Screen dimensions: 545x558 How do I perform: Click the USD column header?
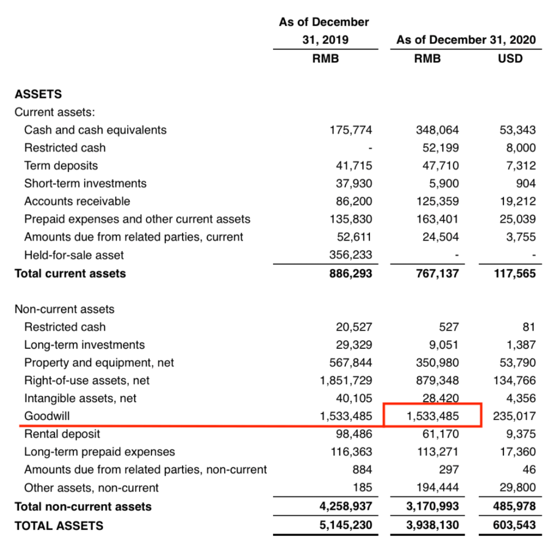click(x=510, y=59)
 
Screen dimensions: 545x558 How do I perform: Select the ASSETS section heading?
click(x=38, y=94)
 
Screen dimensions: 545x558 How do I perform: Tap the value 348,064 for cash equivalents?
click(x=437, y=130)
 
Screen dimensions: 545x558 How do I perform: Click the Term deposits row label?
click(x=61, y=166)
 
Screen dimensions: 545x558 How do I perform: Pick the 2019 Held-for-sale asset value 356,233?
click(x=350, y=255)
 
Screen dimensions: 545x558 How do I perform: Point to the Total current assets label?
click(x=70, y=273)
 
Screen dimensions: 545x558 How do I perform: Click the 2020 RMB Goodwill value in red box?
click(x=432, y=416)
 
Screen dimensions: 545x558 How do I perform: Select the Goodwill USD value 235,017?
click(x=514, y=416)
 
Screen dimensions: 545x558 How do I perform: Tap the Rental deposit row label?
click(x=62, y=434)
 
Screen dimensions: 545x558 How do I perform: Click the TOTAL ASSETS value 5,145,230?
click(x=346, y=525)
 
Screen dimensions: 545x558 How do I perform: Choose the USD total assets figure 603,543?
click(x=514, y=525)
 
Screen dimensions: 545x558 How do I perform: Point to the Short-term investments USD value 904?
click(x=526, y=184)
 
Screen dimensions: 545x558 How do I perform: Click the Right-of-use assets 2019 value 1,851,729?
click(x=346, y=380)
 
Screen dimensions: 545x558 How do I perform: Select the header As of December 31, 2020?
click(x=466, y=40)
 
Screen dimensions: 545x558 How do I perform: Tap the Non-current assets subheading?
click(x=64, y=309)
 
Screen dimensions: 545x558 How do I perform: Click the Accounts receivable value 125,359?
click(x=437, y=201)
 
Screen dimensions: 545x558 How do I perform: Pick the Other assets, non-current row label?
click(x=91, y=488)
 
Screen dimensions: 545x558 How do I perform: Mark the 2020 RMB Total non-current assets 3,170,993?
click(x=432, y=506)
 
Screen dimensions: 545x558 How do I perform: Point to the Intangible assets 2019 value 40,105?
click(x=354, y=398)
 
